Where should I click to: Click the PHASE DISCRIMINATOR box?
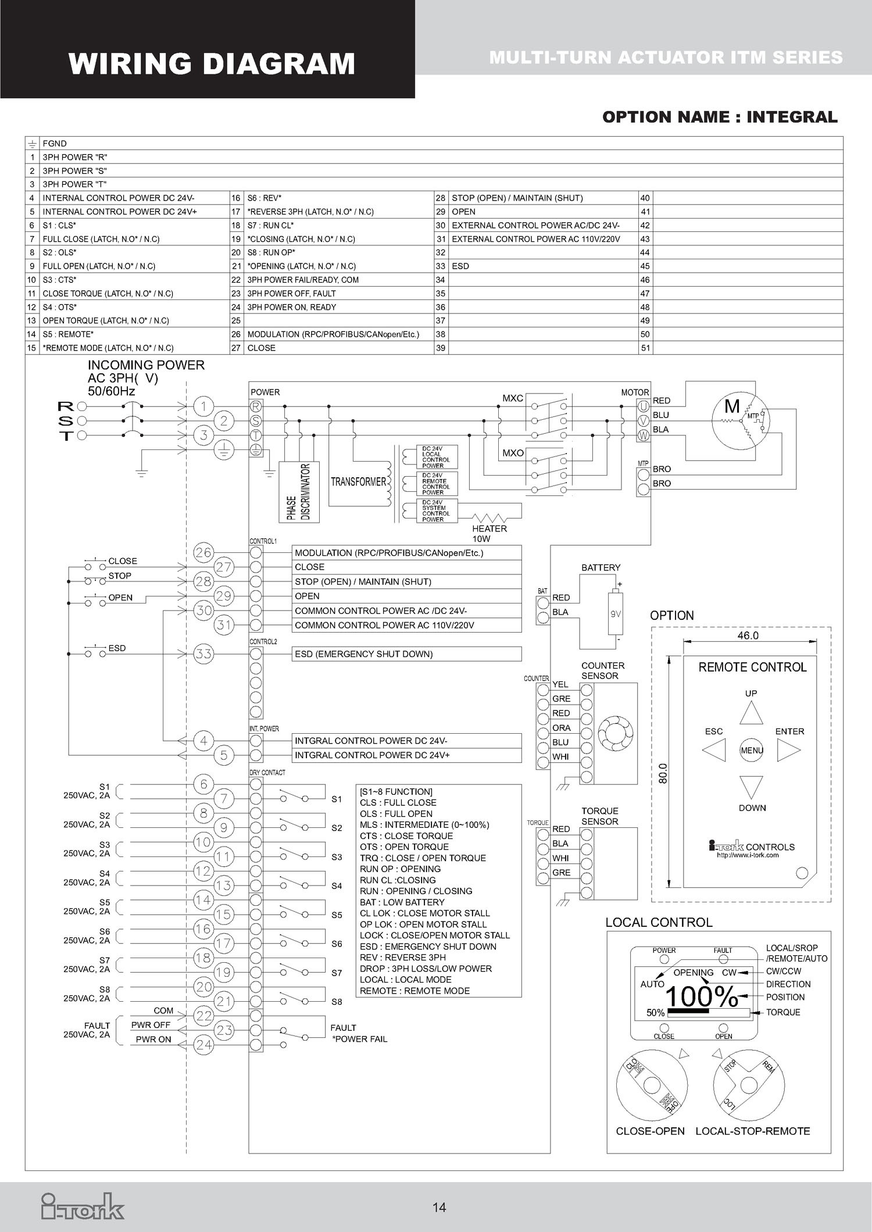[299, 492]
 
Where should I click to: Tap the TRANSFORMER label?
[358, 482]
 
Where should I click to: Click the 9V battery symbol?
[615, 613]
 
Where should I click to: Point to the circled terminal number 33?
[203, 654]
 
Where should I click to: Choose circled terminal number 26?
[203, 552]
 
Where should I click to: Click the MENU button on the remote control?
[752, 750]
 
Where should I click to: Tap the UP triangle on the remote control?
[751, 713]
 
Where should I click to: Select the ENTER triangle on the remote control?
[788, 750]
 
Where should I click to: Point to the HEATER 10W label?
[489, 533]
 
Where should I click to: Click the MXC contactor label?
[513, 398]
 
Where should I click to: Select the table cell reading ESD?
[460, 266]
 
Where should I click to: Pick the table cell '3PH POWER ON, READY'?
[291, 307]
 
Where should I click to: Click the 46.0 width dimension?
[748, 635]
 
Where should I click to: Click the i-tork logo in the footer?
[83, 1206]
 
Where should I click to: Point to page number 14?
[439, 1208]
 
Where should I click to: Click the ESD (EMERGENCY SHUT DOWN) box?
[407, 654]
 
